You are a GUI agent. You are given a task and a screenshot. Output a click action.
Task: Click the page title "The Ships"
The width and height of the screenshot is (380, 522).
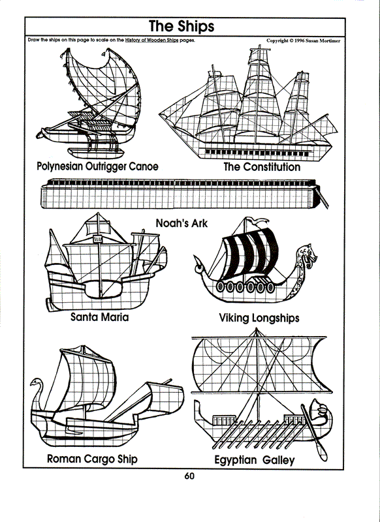pyautogui.click(x=182, y=26)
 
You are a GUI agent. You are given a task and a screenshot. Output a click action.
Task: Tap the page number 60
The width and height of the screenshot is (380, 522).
pyautogui.click(x=189, y=476)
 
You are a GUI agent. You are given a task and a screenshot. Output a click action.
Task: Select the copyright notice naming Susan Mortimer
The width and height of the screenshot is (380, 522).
pyautogui.click(x=303, y=40)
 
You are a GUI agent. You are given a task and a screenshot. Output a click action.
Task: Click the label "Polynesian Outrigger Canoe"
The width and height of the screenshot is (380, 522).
pyautogui.click(x=97, y=166)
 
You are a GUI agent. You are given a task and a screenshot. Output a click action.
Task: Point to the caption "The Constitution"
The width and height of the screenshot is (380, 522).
pyautogui.click(x=262, y=166)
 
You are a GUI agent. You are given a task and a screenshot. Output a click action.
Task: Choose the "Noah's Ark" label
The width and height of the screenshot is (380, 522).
pyautogui.click(x=182, y=223)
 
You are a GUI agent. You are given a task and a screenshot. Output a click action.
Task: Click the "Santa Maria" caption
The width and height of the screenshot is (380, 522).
pyautogui.click(x=100, y=316)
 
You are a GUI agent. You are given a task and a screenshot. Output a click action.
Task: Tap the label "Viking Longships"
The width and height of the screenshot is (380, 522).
pyautogui.click(x=259, y=318)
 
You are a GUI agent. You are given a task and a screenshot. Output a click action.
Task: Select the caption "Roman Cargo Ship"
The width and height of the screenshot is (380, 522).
pyautogui.click(x=92, y=459)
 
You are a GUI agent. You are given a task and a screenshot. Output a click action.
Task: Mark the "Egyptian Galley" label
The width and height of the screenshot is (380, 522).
pyautogui.click(x=255, y=460)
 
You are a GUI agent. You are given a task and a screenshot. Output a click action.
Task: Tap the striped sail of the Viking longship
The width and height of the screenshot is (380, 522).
pyautogui.click(x=251, y=253)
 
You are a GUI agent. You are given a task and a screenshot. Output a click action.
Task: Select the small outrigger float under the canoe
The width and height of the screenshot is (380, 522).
pyautogui.click(x=96, y=153)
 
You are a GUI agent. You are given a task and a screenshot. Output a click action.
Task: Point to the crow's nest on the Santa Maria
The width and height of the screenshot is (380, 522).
pyautogui.click(x=97, y=238)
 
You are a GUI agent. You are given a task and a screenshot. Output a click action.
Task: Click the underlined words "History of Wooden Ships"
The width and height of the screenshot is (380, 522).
pyautogui.click(x=152, y=40)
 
